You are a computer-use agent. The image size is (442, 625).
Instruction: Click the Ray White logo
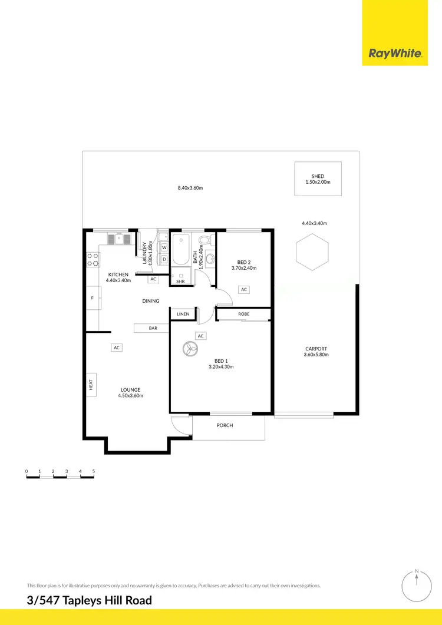pyautogui.click(x=395, y=53)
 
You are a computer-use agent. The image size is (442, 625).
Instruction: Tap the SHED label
pyautogui.click(x=318, y=176)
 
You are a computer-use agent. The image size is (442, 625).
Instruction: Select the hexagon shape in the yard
pyautogui.click(x=312, y=252)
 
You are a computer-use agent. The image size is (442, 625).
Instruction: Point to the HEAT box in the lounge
pyautogui.click(x=91, y=385)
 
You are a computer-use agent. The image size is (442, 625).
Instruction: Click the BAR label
pyautogui.click(x=153, y=328)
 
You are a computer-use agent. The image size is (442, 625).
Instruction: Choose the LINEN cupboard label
pyautogui.click(x=183, y=314)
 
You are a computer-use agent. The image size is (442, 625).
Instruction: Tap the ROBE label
pyautogui.click(x=244, y=314)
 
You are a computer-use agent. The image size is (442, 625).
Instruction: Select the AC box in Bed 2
pyautogui.click(x=244, y=289)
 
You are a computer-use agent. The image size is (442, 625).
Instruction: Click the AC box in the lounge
pyautogui.click(x=117, y=348)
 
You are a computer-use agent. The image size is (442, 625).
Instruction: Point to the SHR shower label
pyautogui.click(x=180, y=282)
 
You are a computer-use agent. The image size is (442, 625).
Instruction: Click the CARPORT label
pyautogui.click(x=316, y=348)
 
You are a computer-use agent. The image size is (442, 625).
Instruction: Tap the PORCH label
pyautogui.click(x=225, y=425)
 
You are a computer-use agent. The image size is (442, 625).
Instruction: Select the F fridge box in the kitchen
pyautogui.click(x=93, y=298)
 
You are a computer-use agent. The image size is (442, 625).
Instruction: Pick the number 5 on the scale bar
pyautogui.click(x=94, y=471)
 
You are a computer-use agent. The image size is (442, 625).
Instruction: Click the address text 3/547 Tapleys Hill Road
pyautogui.click(x=89, y=601)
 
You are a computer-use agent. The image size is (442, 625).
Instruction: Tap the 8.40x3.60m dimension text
pyautogui.click(x=190, y=188)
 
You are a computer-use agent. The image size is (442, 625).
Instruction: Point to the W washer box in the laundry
pyautogui.click(x=164, y=248)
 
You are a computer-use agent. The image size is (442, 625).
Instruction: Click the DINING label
pyautogui.click(x=151, y=301)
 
